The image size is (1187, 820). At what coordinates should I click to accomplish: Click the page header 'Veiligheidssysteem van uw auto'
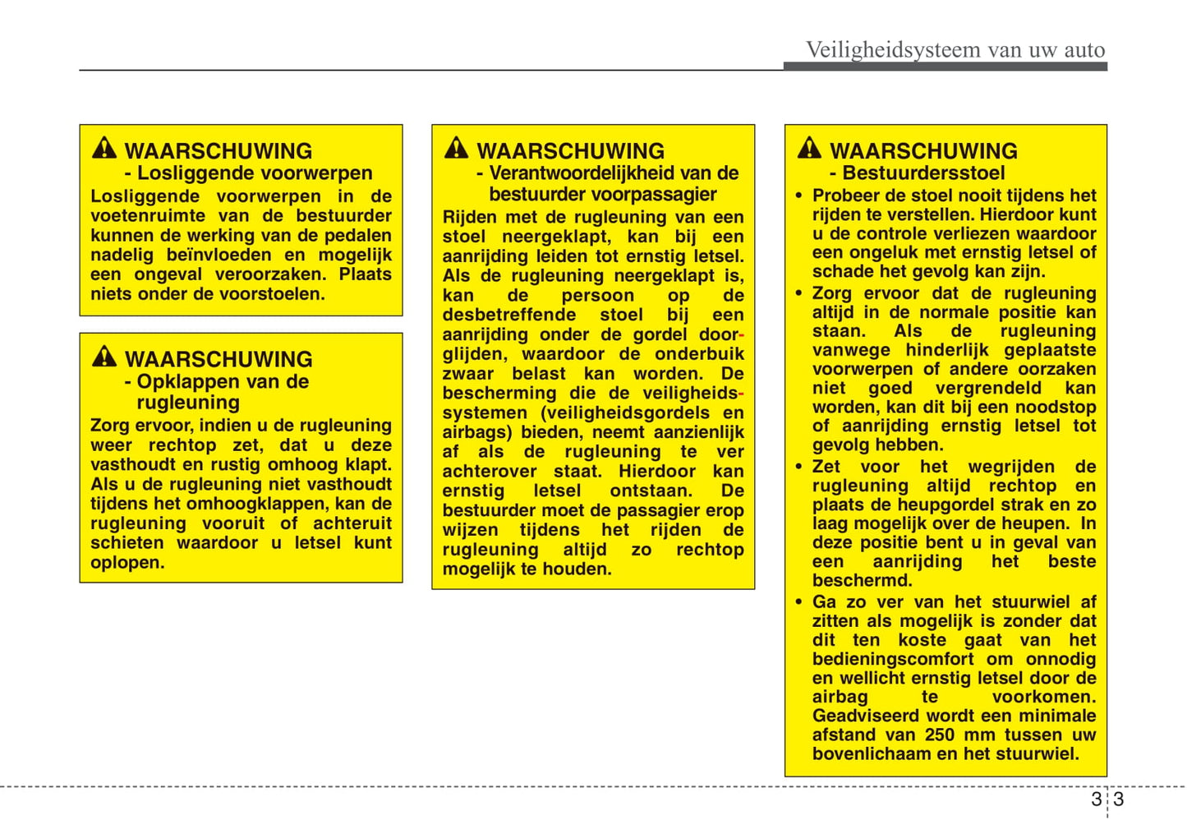click(x=955, y=50)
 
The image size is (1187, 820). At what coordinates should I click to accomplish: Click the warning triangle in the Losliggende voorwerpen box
click(x=104, y=148)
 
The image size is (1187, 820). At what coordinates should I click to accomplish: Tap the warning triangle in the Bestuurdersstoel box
click(x=809, y=148)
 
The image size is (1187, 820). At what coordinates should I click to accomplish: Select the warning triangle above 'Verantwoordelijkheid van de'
click(x=456, y=148)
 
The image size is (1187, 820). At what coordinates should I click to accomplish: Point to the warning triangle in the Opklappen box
click(x=104, y=357)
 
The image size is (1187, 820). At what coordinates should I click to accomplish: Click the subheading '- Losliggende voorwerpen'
click(x=248, y=173)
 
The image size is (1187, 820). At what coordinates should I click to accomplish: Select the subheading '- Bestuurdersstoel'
click(x=917, y=173)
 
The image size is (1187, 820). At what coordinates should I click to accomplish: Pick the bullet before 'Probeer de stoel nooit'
click(x=798, y=196)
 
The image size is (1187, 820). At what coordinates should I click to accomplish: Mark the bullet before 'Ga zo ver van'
click(x=798, y=603)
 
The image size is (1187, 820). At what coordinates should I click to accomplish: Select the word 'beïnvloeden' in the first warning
click(x=219, y=256)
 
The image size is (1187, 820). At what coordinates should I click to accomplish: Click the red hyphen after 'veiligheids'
click(x=741, y=394)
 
